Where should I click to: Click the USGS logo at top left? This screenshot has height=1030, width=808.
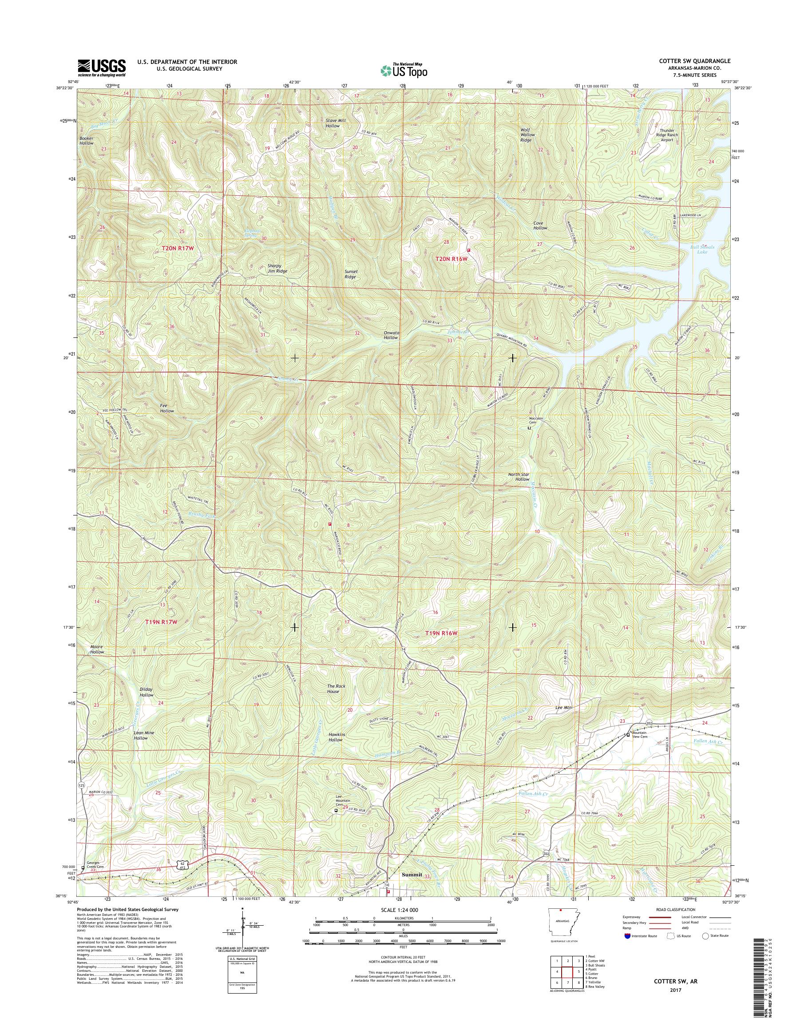[x=102, y=67]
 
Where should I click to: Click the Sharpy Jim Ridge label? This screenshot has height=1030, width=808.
[x=277, y=268]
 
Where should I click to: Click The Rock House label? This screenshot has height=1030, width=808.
[x=333, y=689]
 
